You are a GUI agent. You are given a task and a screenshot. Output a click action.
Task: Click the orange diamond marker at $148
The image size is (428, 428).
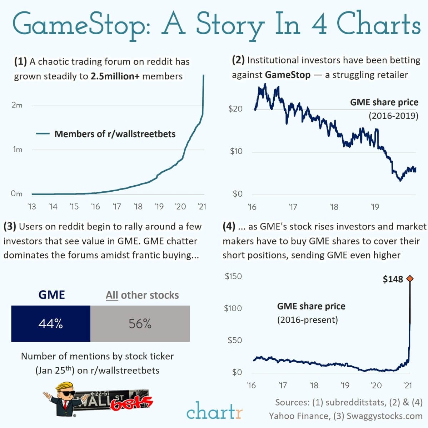coord(410,279)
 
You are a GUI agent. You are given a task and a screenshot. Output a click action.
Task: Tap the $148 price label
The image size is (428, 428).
coord(393,279)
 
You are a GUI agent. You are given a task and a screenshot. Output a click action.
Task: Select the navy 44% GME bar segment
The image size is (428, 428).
coord(51,324)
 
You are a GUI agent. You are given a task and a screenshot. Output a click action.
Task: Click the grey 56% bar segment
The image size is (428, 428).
coord(140,324)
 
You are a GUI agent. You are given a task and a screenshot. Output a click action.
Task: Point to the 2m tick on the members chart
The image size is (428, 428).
coord(17,105)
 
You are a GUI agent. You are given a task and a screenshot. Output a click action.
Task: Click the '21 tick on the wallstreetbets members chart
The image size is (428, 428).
coord(202,207)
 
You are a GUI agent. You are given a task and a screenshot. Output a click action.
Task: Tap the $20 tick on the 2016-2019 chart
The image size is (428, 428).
coord(235,109)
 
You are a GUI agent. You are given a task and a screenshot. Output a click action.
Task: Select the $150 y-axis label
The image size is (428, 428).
coord(233,276)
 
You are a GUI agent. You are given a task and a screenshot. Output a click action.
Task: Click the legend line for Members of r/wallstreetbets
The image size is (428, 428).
coord(43,134)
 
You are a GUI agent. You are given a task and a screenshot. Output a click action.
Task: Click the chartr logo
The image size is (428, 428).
coord(214,411)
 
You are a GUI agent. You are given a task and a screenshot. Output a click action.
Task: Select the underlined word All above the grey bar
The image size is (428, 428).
coord(112,295)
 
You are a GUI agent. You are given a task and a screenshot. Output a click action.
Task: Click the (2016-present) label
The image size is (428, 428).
coord(307,319)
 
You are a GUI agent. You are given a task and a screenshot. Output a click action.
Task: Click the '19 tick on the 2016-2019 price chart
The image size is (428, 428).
coord(374,207)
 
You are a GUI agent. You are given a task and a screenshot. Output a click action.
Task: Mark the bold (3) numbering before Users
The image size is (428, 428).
coord(9,226)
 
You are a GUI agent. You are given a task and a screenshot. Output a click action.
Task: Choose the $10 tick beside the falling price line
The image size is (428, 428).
coord(236,151)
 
